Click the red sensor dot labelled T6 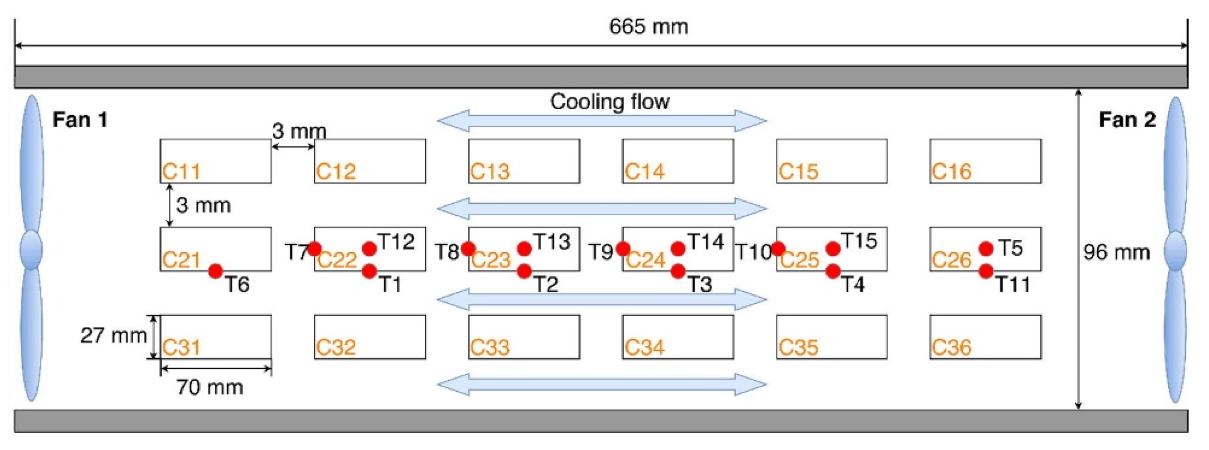(x=215, y=271)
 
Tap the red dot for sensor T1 (x=369, y=271)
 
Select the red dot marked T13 (x=524, y=248)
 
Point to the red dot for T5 (x=986, y=248)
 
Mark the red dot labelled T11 (x=986, y=271)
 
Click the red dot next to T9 (x=623, y=248)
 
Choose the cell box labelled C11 (x=215, y=161)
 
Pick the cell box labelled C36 (x=986, y=337)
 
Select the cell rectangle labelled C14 (x=678, y=161)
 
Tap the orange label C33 (x=490, y=347)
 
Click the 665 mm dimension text (x=648, y=27)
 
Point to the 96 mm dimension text (x=1117, y=253)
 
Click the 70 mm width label (x=210, y=387)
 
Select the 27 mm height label (x=114, y=335)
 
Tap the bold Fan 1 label (x=80, y=120)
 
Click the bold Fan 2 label (x=1127, y=120)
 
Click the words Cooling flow (x=610, y=102)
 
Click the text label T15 (x=859, y=241)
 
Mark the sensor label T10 (x=753, y=252)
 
